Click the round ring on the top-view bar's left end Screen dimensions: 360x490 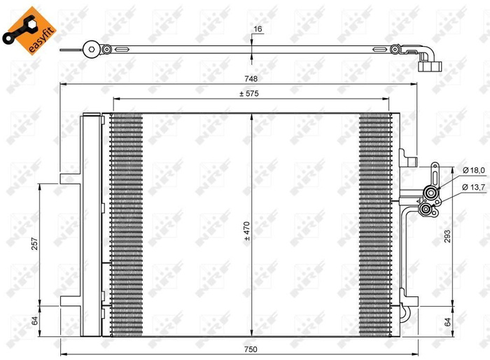pos(90,49)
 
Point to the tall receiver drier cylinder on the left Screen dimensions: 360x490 pos(92,224)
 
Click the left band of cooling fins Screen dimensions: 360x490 pos(126,224)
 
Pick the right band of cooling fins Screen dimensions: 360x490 pos(374,224)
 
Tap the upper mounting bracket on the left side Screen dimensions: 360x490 pos(71,176)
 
